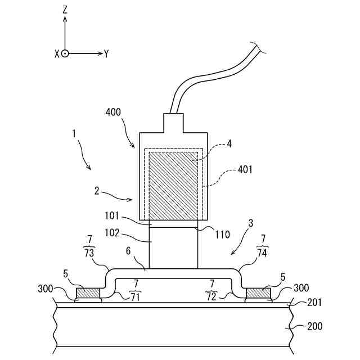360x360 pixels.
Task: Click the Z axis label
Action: tap(65, 9)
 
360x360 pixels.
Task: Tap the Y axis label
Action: tap(106, 53)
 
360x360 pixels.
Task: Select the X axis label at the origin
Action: tap(57, 53)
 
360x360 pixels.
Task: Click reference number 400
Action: tap(113, 112)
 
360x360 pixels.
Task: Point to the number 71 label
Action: tap(134, 296)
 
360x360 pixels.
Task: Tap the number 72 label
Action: tap(211, 296)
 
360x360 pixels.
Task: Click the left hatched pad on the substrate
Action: tap(88, 292)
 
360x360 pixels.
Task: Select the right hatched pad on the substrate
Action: tap(258, 292)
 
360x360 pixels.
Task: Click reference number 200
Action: tap(315, 326)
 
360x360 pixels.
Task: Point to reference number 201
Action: tap(315, 303)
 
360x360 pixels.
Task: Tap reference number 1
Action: tap(74, 134)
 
